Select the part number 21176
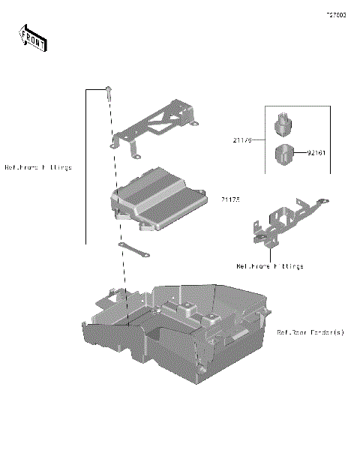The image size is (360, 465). tap(242, 139)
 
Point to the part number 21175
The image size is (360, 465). tap(230, 199)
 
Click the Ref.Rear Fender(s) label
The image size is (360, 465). tap(310, 332)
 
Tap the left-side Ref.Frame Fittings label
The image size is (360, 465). tap(38, 167)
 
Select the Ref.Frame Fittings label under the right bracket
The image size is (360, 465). tap(270, 266)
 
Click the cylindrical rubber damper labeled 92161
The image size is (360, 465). tap(285, 154)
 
